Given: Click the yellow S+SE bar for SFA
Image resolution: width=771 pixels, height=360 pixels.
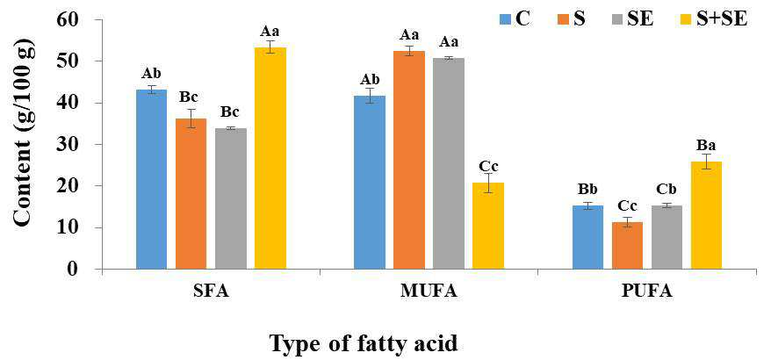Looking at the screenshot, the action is pos(270,158).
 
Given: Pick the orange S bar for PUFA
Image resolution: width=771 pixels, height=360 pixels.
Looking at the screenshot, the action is pos(627,246).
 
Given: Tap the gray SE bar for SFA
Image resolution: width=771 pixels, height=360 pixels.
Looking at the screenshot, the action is pos(231,198).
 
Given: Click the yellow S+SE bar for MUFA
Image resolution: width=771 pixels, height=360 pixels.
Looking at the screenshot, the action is pos(488,227).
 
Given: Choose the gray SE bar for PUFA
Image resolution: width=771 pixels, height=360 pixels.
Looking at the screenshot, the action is pos(667,238).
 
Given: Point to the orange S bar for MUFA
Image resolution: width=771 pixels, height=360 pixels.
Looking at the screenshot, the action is pos(409,161).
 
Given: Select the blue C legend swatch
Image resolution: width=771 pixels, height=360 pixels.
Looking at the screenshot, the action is pos(506,19).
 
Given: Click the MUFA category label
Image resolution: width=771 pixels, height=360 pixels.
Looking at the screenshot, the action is pos(429,292).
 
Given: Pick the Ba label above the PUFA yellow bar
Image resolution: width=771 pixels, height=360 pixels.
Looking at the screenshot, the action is pos(706,146).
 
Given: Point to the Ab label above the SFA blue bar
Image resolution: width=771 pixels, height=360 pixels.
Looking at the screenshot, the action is pos(151,74).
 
